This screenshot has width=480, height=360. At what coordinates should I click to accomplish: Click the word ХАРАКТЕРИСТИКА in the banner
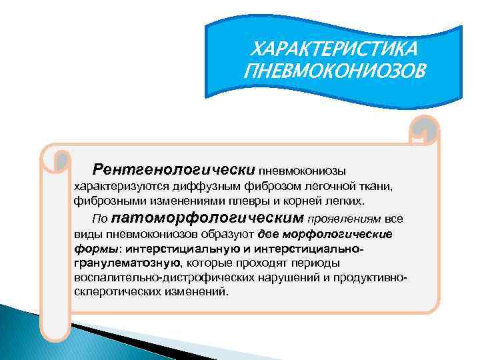[x=332, y=48]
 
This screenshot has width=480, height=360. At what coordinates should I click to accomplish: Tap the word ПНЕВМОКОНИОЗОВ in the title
[x=332, y=69]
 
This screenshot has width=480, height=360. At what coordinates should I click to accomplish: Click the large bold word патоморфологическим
[x=208, y=218]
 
